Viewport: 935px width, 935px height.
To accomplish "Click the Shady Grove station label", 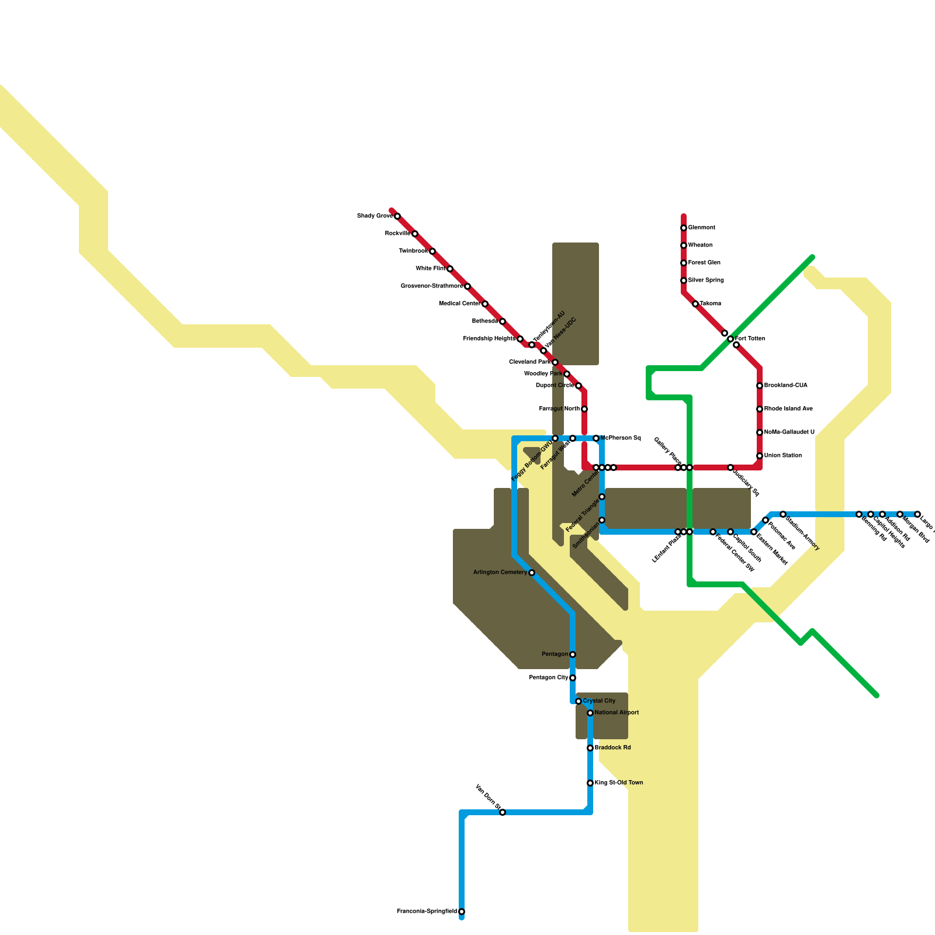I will (375, 216).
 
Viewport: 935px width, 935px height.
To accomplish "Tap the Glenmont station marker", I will (684, 228).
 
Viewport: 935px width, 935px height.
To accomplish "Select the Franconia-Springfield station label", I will (427, 912).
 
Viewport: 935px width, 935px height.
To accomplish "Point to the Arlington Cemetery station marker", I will (532, 573).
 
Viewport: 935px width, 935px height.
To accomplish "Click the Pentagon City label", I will (549, 678).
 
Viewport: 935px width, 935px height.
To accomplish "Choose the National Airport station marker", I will (590, 713).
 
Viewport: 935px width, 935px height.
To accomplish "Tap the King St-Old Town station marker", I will (590, 783).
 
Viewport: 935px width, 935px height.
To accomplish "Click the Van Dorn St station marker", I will (503, 812).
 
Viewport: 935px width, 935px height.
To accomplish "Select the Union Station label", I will (783, 456).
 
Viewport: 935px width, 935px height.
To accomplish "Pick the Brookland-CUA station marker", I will (760, 386).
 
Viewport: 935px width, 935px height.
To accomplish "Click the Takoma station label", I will (711, 304).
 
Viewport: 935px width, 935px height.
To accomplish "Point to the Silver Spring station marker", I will (684, 280).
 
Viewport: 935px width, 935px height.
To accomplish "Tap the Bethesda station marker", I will (503, 321).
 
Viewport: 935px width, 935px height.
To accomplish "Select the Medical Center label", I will (459, 304).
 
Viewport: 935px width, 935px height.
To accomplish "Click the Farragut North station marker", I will (584, 409).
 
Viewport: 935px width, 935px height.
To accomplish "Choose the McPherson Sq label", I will (621, 438).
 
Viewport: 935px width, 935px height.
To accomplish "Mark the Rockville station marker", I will (415, 234).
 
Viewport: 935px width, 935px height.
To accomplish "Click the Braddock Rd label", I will (613, 748).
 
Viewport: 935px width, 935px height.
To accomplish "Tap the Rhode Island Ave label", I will (788, 409).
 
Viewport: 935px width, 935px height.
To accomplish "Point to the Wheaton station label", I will (700, 245).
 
